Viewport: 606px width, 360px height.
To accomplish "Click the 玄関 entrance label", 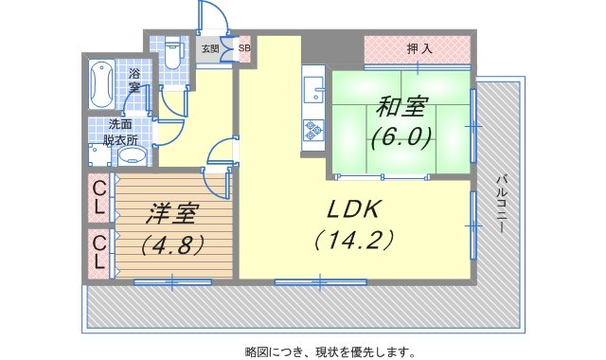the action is click(210, 48).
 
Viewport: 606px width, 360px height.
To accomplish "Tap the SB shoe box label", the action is click(244, 48).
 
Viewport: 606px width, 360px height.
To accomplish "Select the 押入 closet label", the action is click(419, 49).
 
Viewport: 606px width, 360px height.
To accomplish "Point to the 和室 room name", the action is click(401, 107).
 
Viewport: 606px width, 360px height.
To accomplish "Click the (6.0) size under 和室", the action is click(401, 137).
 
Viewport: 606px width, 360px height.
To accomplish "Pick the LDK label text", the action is click(354, 209).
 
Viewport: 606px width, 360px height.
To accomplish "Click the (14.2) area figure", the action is click(354, 240).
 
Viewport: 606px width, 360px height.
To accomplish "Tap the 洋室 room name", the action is click(172, 214).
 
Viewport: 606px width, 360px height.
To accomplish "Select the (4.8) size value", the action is click(172, 244).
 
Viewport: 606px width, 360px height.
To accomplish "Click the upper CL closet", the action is click(99, 198).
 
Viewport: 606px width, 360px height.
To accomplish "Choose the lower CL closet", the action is click(99, 253).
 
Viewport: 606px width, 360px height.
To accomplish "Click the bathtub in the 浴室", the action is click(101, 84).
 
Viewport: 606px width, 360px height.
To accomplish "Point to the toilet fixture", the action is click(172, 53).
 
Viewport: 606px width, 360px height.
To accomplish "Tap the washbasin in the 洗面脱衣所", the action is click(133, 156).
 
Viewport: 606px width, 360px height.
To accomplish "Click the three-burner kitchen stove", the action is click(313, 130).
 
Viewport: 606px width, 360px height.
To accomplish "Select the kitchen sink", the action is click(313, 90).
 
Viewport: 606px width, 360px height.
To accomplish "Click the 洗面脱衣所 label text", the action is click(120, 133).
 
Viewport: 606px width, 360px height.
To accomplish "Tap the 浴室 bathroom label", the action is click(134, 81).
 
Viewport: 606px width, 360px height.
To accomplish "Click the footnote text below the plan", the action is click(330, 351).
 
